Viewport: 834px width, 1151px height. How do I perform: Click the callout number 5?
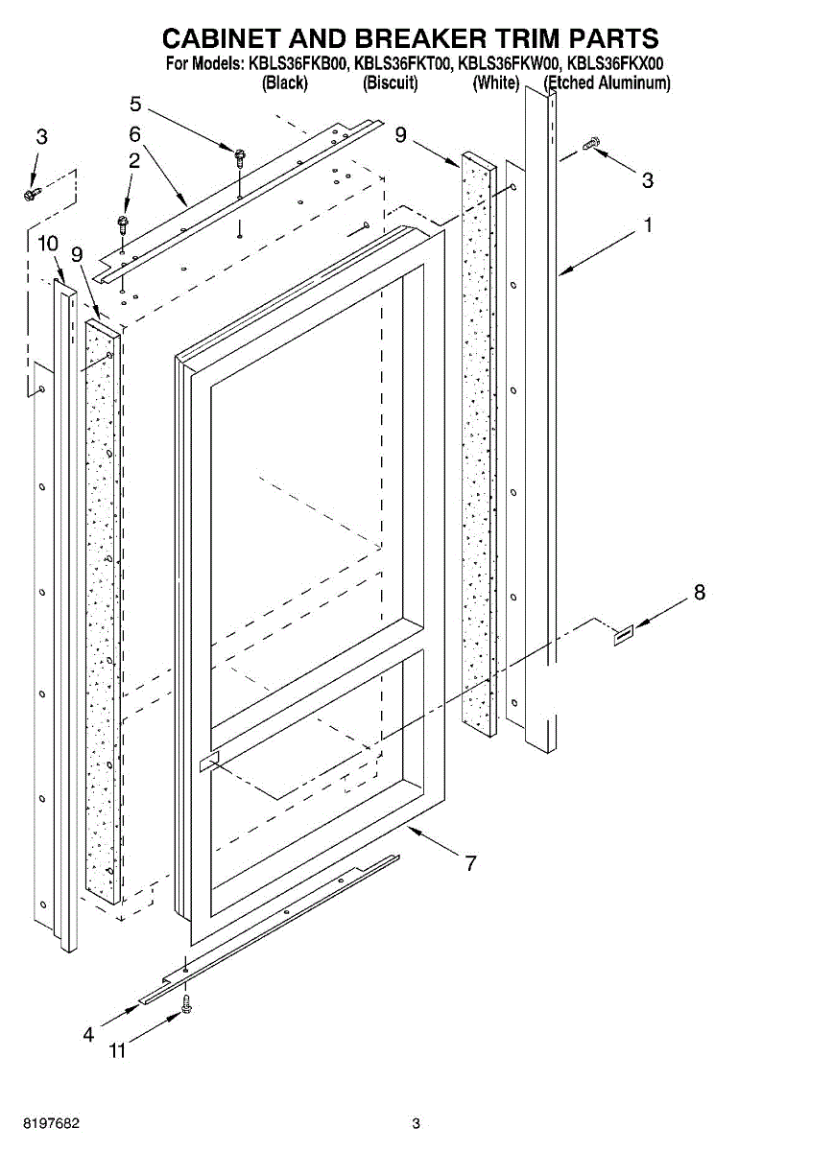point(135,104)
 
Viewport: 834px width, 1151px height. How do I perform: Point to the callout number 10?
point(48,245)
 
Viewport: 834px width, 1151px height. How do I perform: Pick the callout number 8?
point(699,593)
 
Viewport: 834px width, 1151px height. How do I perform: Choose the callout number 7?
point(470,863)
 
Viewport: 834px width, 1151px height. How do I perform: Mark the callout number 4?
point(88,1034)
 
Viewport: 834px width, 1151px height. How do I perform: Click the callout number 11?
point(116,1051)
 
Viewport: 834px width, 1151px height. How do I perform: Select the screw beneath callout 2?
point(122,224)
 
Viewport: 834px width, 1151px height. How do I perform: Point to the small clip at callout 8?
point(623,634)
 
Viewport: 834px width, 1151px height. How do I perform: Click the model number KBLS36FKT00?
point(402,64)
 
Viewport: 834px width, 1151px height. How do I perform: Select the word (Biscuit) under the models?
point(391,83)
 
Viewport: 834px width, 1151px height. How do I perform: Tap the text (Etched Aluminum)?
point(608,83)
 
